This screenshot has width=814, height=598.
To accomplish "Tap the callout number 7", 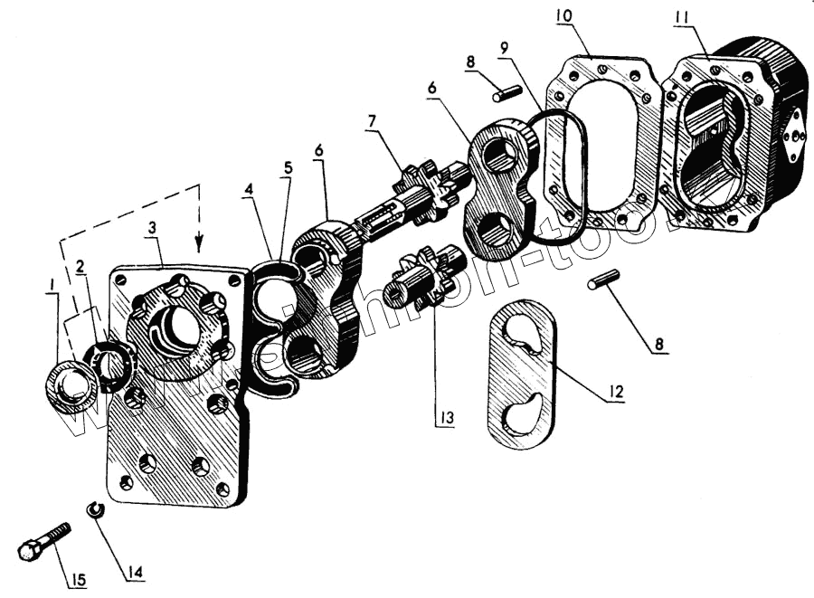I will point(371,120).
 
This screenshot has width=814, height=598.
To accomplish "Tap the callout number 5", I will point(288,168).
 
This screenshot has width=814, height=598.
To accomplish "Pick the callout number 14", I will point(134,572).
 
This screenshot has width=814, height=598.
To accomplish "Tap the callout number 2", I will point(80,267).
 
